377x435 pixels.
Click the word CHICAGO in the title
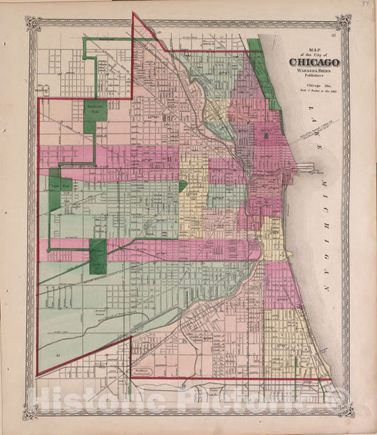coord(313,62)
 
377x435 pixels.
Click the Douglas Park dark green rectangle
coord(98,256)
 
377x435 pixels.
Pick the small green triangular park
coord(182,186)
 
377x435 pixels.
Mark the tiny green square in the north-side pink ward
coord(266,135)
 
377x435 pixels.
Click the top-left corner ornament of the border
coord(32,23)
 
